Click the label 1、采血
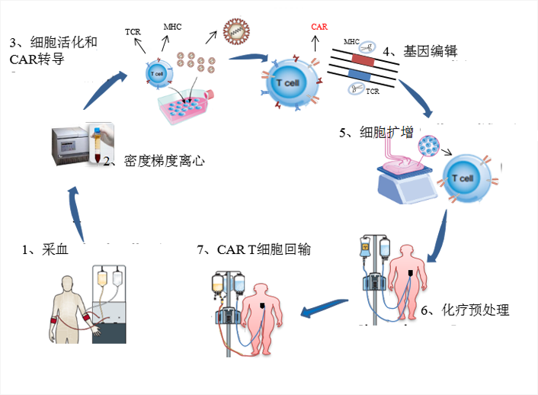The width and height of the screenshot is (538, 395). [x=45, y=249]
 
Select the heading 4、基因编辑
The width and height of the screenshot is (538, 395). [x=420, y=52]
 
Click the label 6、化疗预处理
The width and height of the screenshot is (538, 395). [x=465, y=310]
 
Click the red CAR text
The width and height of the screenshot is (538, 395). [x=319, y=27]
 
